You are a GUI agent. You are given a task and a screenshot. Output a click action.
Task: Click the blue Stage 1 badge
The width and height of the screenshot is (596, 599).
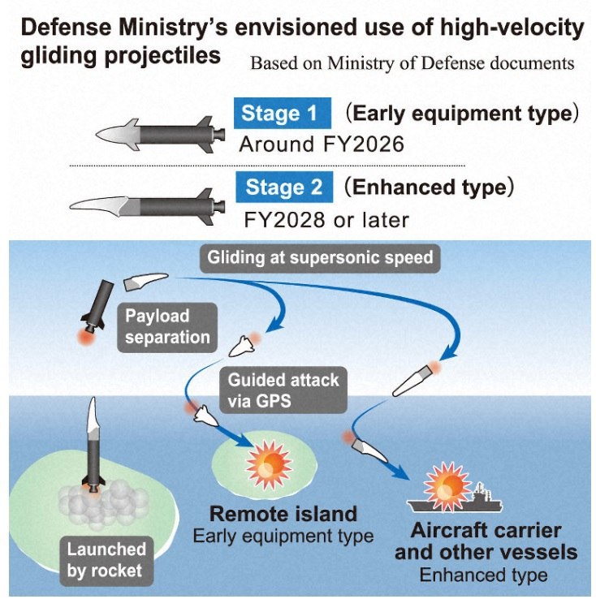(x=282, y=113)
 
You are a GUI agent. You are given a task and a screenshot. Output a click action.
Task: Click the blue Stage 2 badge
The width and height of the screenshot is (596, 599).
(x=284, y=187)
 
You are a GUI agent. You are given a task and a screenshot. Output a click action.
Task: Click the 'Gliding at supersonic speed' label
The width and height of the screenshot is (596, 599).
(x=320, y=259)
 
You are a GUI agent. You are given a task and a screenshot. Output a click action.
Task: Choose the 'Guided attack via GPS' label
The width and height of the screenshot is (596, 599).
(x=283, y=390)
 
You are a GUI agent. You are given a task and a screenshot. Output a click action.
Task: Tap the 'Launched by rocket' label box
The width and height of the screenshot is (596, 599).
(x=106, y=560)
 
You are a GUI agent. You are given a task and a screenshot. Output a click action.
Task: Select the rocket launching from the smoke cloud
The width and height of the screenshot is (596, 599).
(x=94, y=446)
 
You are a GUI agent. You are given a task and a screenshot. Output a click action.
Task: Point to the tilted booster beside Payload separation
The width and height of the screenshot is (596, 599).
(x=95, y=307)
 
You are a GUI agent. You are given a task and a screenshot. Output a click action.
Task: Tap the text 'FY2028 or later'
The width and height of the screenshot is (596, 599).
(x=326, y=219)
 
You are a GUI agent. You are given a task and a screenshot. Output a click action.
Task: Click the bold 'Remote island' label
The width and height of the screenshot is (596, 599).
(x=283, y=513)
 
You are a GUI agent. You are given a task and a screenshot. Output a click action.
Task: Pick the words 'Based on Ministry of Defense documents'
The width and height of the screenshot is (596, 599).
(x=412, y=63)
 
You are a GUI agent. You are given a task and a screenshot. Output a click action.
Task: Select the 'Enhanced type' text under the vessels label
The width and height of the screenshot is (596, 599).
(x=483, y=575)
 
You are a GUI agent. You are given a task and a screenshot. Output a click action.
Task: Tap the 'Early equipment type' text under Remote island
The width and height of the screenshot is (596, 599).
(x=283, y=536)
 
